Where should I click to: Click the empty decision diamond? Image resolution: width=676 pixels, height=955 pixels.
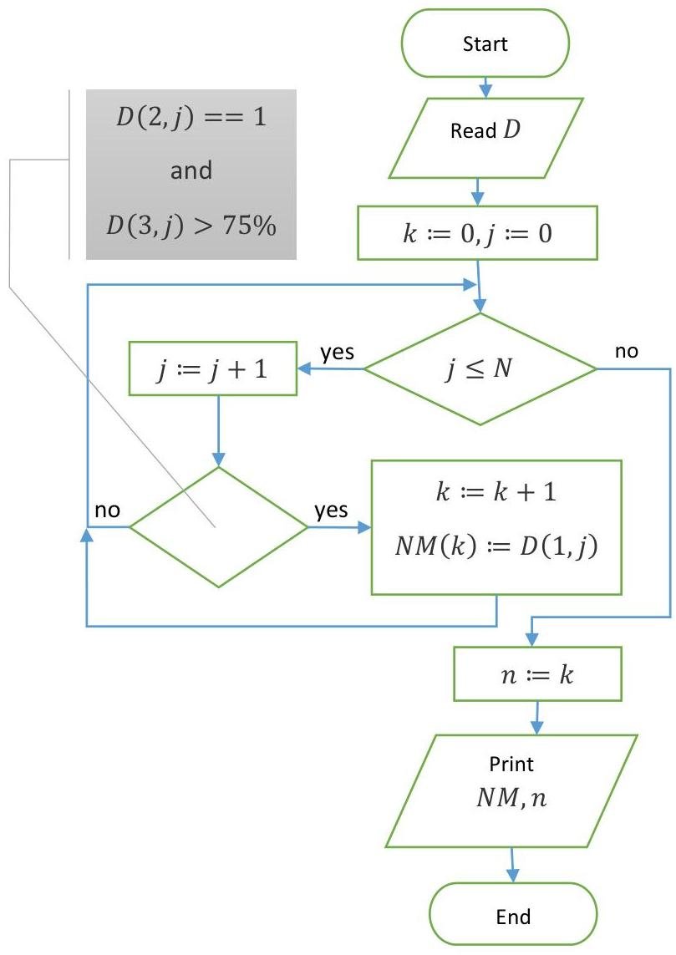click(x=219, y=527)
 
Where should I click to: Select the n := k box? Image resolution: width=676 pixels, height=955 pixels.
click(x=536, y=673)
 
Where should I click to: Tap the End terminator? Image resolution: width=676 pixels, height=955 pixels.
click(x=513, y=916)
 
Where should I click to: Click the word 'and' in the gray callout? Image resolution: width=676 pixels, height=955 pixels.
click(x=191, y=171)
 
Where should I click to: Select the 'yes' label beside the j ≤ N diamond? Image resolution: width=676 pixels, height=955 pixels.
click(x=338, y=353)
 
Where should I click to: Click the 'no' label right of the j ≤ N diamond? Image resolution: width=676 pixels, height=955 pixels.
click(x=627, y=352)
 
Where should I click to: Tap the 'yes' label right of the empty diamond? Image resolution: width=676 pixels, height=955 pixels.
click(x=332, y=511)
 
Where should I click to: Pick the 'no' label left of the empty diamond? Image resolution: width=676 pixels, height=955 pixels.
click(x=106, y=511)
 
